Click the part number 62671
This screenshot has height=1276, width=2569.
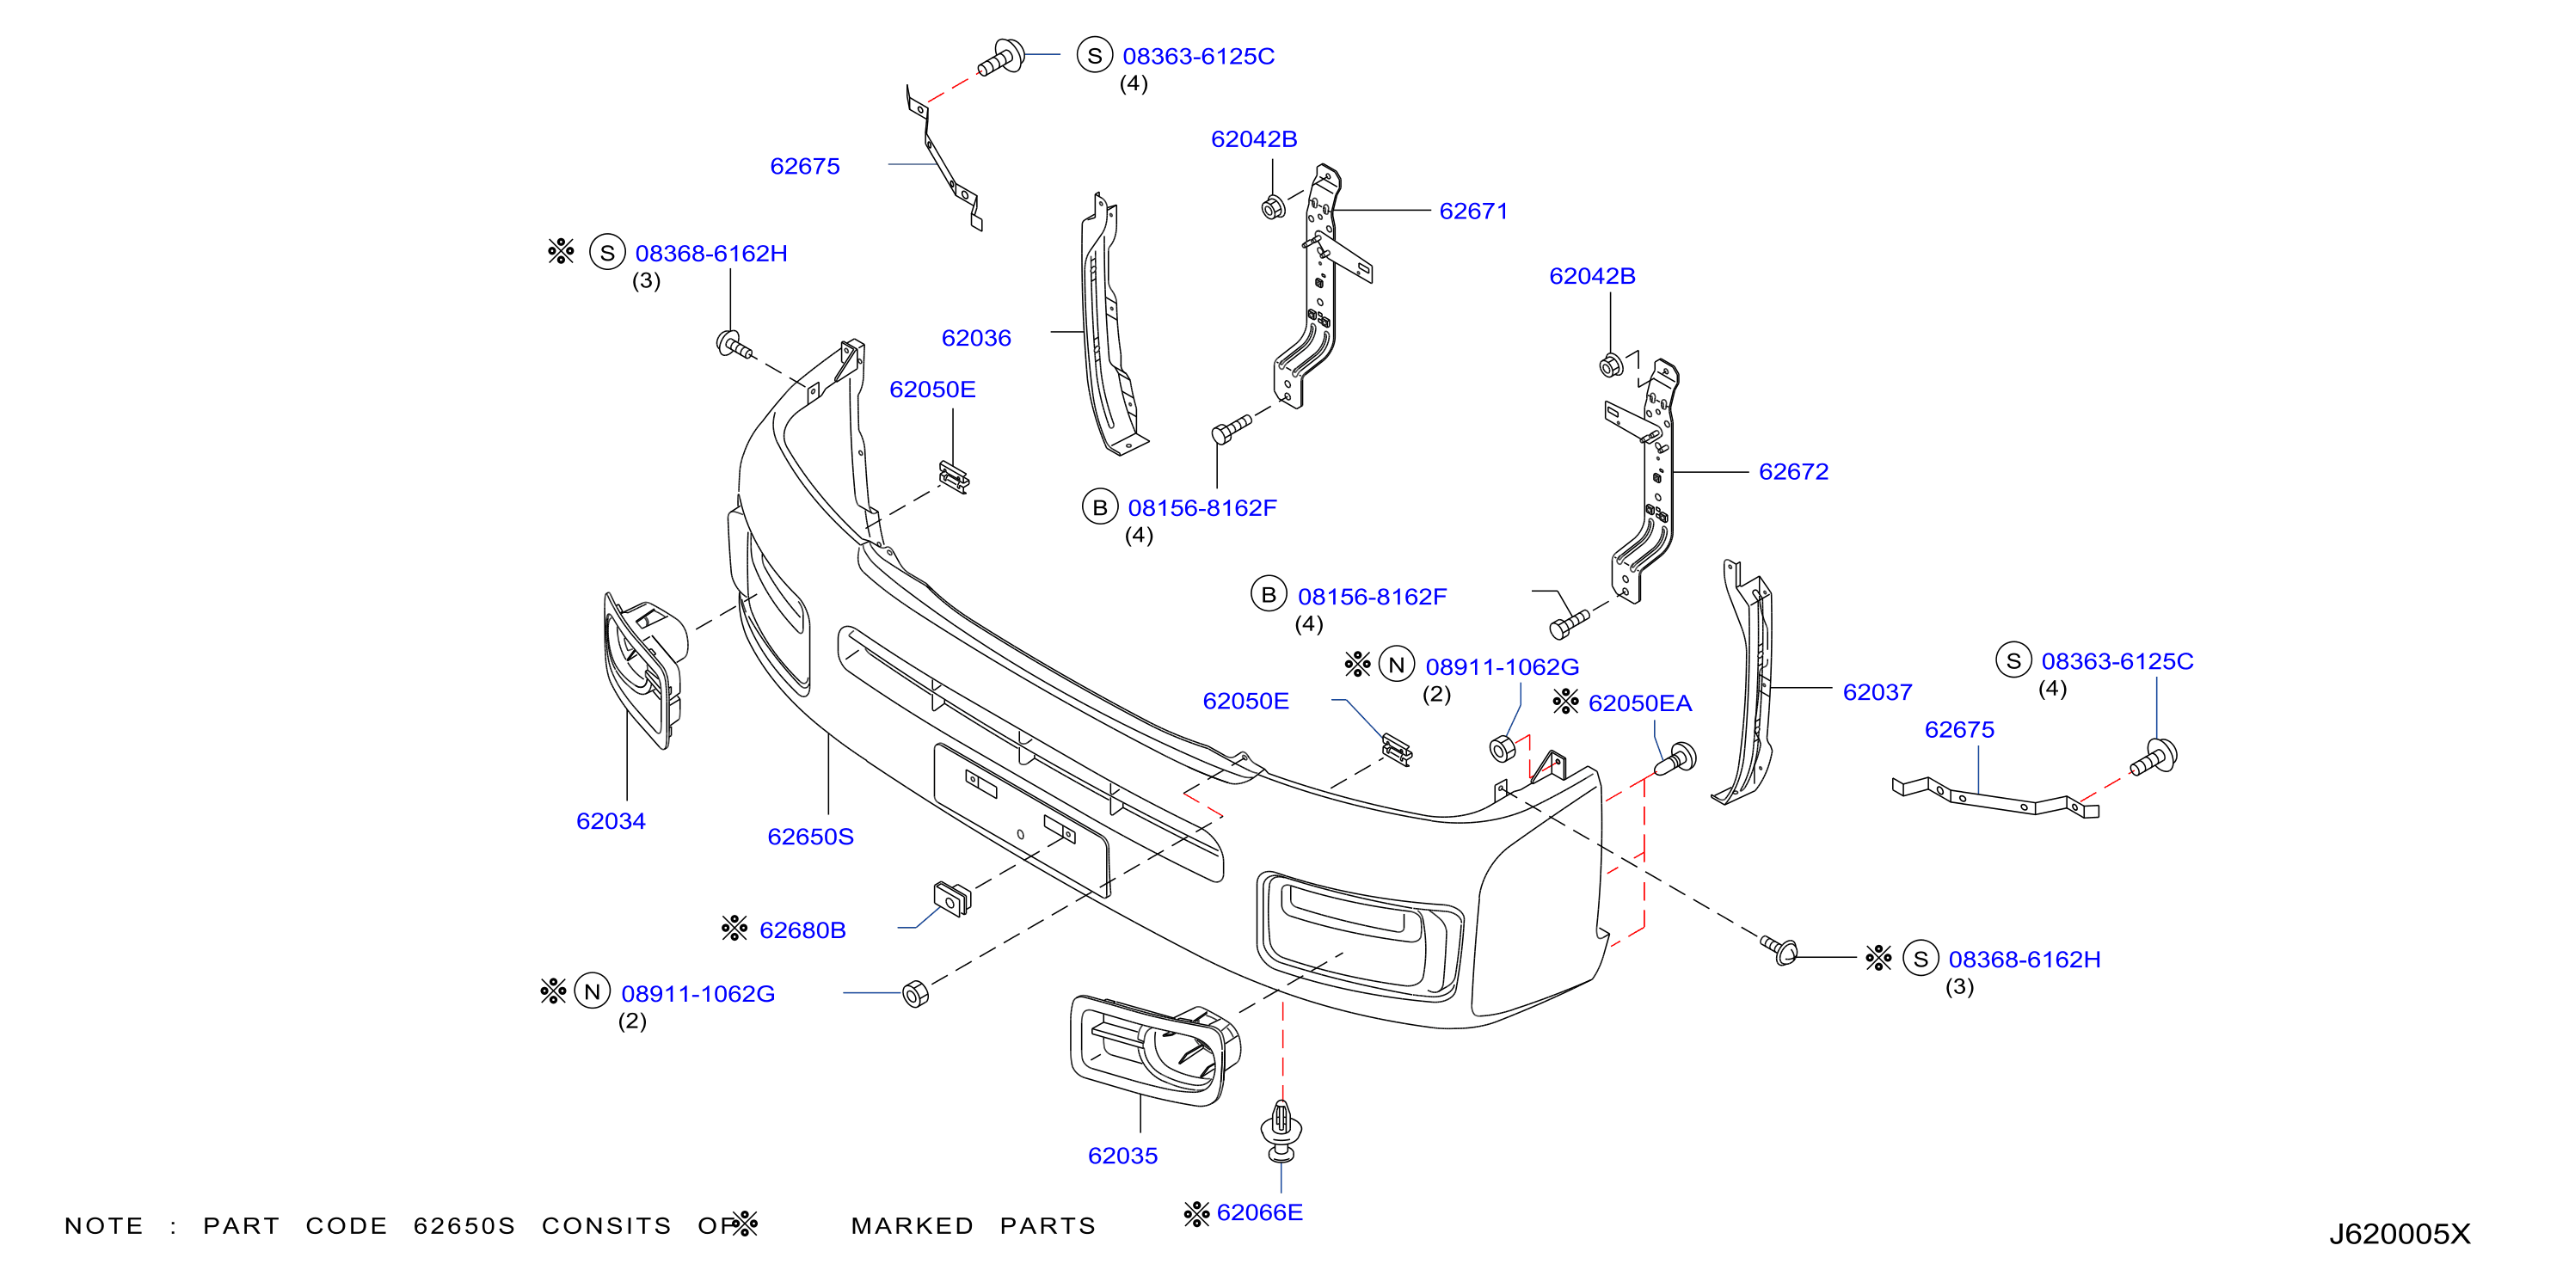[x=1473, y=212]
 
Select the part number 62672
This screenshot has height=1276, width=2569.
[x=1793, y=471]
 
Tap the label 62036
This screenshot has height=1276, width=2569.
[x=976, y=338]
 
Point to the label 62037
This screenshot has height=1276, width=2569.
[x=1877, y=692]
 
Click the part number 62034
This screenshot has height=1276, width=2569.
[x=611, y=821]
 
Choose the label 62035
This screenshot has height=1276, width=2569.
[x=1122, y=1156]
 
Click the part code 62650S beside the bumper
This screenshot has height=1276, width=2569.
[x=810, y=837]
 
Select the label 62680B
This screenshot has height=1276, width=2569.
[x=802, y=930]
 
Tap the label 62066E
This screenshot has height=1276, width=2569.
[x=1260, y=1212]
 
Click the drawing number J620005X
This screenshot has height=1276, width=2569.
[x=2400, y=1234]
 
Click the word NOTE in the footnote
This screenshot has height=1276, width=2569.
[x=104, y=1225]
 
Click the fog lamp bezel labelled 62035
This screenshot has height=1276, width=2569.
[x=1155, y=1050]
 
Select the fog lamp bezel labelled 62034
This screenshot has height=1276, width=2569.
[x=643, y=668]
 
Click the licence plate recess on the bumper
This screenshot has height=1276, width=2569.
[x=1020, y=819]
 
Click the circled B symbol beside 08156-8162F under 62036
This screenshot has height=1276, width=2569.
[x=1099, y=507]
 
